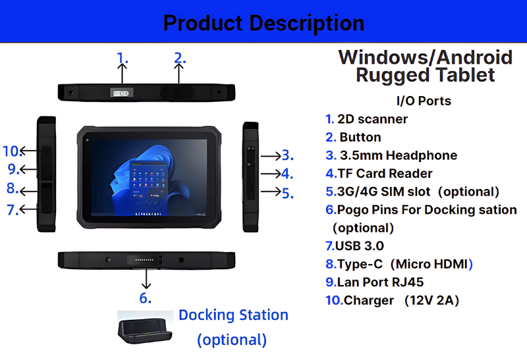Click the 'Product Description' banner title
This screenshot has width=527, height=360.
point(263,23)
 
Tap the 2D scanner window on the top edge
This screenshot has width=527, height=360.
point(122,93)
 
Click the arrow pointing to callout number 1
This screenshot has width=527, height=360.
point(122,73)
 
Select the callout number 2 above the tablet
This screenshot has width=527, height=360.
point(179,58)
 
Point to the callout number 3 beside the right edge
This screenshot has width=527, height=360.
point(287,155)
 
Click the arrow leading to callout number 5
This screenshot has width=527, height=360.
point(271,192)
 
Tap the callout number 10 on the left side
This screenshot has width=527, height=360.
point(13,151)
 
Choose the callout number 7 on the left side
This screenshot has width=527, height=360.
point(13,210)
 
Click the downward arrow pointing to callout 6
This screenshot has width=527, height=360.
point(146,278)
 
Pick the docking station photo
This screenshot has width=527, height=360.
point(145,328)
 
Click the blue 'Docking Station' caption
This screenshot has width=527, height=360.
point(233,315)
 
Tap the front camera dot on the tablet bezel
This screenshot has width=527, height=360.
point(88,140)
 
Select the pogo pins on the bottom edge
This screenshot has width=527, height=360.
point(144,259)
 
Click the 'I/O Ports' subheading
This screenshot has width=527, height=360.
point(424,101)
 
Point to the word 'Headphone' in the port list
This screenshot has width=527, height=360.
point(422,155)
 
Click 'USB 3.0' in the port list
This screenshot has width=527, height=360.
point(360,246)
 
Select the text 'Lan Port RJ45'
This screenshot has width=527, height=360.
point(380,282)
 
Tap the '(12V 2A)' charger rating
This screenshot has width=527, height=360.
point(431,300)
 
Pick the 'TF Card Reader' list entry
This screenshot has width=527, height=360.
point(385,173)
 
